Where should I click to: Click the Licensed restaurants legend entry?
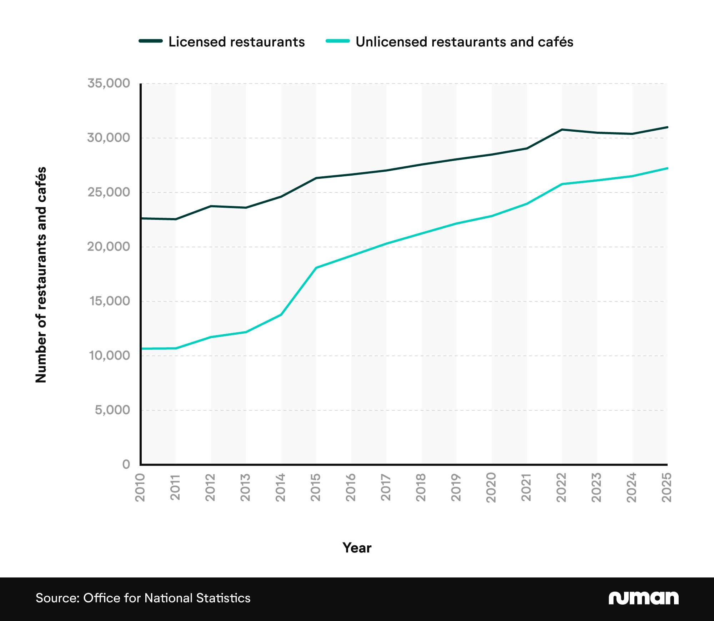coord(236,42)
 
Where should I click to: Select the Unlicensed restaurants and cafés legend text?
coord(464,42)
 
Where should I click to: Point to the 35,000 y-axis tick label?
coord(109,83)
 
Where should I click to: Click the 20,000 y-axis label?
coord(109,246)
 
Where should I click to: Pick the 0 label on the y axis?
coord(126,464)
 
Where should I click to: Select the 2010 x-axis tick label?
coord(140,488)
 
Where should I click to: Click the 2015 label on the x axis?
coord(316,488)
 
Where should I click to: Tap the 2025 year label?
coord(667,488)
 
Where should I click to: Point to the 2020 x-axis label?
coord(492,488)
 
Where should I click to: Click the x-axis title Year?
coord(357,548)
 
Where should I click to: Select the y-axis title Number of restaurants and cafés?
coord(41,275)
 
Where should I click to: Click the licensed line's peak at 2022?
coord(562,130)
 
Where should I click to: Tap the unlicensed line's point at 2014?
coord(281,314)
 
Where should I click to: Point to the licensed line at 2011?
coord(175,219)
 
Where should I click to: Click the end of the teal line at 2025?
coord(667,168)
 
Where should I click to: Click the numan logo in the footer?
coord(643,598)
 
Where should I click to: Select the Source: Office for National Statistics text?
coord(143,598)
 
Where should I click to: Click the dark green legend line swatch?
coord(151,41)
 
